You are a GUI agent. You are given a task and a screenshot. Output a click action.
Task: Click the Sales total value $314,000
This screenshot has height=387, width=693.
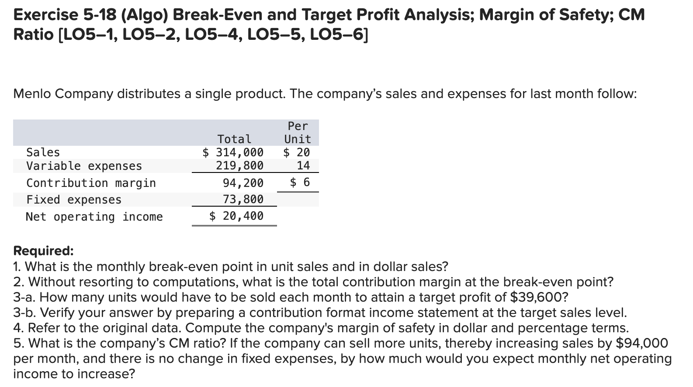click(233, 152)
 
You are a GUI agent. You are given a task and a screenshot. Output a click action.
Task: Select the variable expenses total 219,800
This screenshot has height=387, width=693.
click(240, 165)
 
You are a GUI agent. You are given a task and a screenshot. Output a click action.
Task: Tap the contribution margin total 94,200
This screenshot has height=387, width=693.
click(243, 183)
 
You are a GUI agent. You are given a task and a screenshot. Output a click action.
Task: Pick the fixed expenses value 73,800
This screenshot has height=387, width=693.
click(243, 199)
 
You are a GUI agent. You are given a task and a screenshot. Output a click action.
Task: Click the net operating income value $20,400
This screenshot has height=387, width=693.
click(236, 216)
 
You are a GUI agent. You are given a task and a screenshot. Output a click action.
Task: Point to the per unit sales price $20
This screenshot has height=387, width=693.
click(297, 152)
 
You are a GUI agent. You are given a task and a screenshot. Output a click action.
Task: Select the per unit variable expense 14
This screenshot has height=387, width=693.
click(303, 165)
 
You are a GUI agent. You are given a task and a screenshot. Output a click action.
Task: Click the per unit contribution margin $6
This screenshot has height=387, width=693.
click(300, 182)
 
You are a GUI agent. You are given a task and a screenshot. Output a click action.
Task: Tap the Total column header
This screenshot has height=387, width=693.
click(234, 139)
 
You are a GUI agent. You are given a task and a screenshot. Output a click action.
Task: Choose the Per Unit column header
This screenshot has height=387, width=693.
click(298, 133)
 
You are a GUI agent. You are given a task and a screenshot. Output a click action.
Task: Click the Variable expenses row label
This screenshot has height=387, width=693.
click(84, 166)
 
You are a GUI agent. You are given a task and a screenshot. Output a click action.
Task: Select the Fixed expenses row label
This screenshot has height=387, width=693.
click(74, 200)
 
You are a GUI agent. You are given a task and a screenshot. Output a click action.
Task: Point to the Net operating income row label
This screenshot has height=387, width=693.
click(94, 217)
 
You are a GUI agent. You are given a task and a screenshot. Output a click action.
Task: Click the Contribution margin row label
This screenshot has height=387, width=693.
click(91, 183)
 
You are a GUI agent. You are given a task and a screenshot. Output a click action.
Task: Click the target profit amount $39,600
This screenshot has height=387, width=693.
click(539, 297)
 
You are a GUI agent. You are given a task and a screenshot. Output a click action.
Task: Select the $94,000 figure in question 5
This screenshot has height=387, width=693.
click(641, 343)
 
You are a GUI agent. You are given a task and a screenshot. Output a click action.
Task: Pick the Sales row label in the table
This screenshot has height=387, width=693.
click(43, 152)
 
